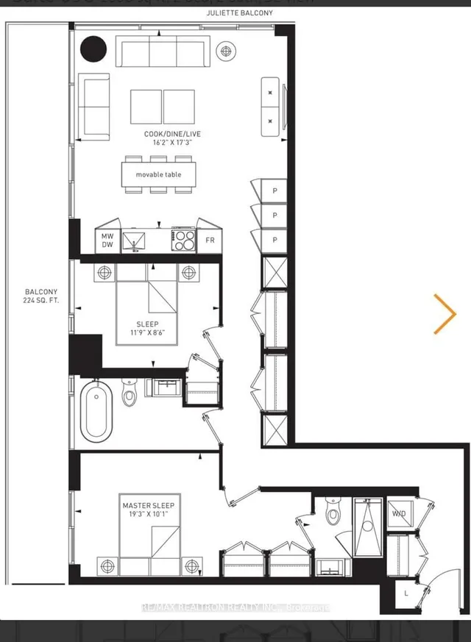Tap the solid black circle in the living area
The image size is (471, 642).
[x=93, y=49]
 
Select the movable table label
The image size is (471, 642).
[x=157, y=174]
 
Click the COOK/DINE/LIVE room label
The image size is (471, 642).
[x=173, y=134]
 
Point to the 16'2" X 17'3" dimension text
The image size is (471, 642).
[x=173, y=144]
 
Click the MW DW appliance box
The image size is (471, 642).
[x=107, y=240]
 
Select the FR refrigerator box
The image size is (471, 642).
[x=210, y=240]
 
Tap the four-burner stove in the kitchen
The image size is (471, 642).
[x=183, y=239]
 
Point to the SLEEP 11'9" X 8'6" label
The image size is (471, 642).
[x=146, y=329]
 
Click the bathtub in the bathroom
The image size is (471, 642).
[x=96, y=411]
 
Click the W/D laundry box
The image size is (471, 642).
[x=398, y=513]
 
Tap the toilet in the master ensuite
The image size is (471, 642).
[x=333, y=512]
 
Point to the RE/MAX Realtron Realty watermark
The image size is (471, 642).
[x=235, y=607]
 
